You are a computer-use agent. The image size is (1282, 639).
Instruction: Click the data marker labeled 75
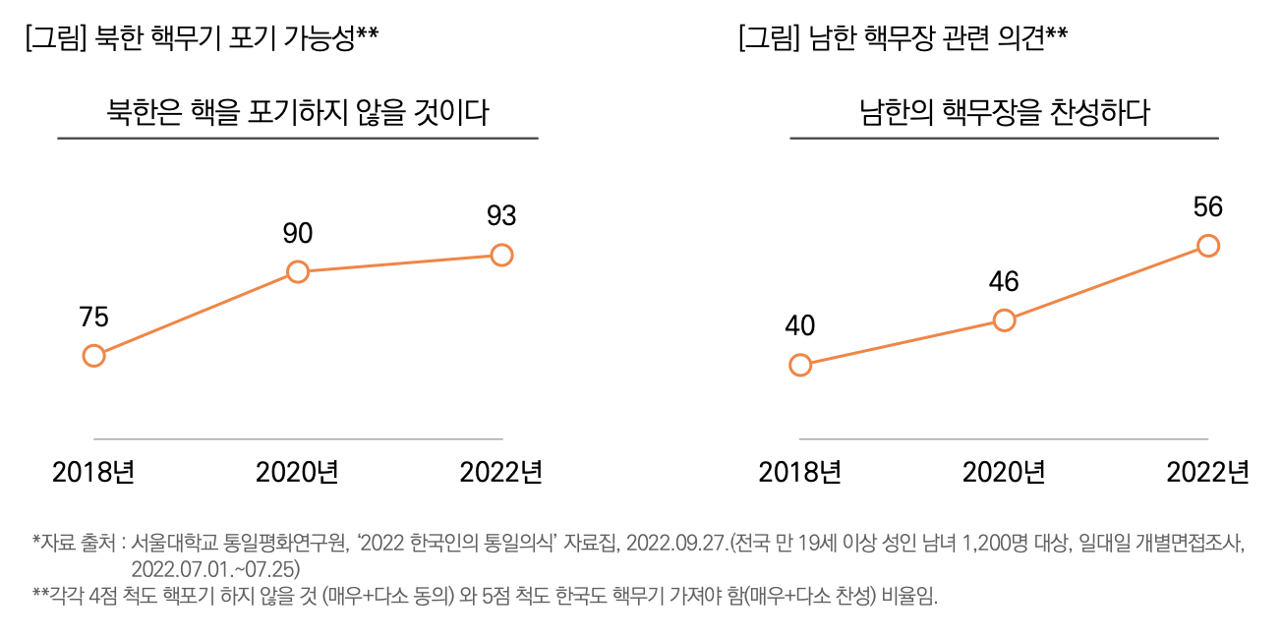tap(93, 356)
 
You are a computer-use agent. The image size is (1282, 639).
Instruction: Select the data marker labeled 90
tap(298, 271)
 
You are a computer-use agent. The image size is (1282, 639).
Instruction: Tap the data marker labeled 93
tap(501, 256)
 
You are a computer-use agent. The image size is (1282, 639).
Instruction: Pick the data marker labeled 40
tap(800, 366)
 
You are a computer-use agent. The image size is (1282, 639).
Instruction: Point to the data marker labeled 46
tap(1004, 320)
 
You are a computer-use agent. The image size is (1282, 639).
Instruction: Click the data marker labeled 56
tap(1208, 246)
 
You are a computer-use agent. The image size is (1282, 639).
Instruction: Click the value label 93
tap(501, 215)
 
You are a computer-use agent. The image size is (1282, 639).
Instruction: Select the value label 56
tap(1208, 206)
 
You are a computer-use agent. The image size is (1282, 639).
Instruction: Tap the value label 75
tap(93, 317)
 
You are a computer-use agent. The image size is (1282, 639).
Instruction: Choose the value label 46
tap(1004, 281)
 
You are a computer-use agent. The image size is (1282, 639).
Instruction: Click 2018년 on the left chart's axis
tap(93, 473)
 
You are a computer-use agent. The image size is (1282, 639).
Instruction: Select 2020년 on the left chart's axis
tap(298, 473)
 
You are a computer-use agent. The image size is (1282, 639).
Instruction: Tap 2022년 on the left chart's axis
tap(501, 473)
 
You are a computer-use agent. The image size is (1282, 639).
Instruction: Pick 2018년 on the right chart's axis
tap(800, 473)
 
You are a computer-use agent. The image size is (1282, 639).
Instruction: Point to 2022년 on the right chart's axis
tap(1208, 473)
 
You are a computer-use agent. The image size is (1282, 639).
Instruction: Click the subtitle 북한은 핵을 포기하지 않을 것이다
tap(298, 113)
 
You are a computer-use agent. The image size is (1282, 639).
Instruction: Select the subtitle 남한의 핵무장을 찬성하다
tap(1004, 113)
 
